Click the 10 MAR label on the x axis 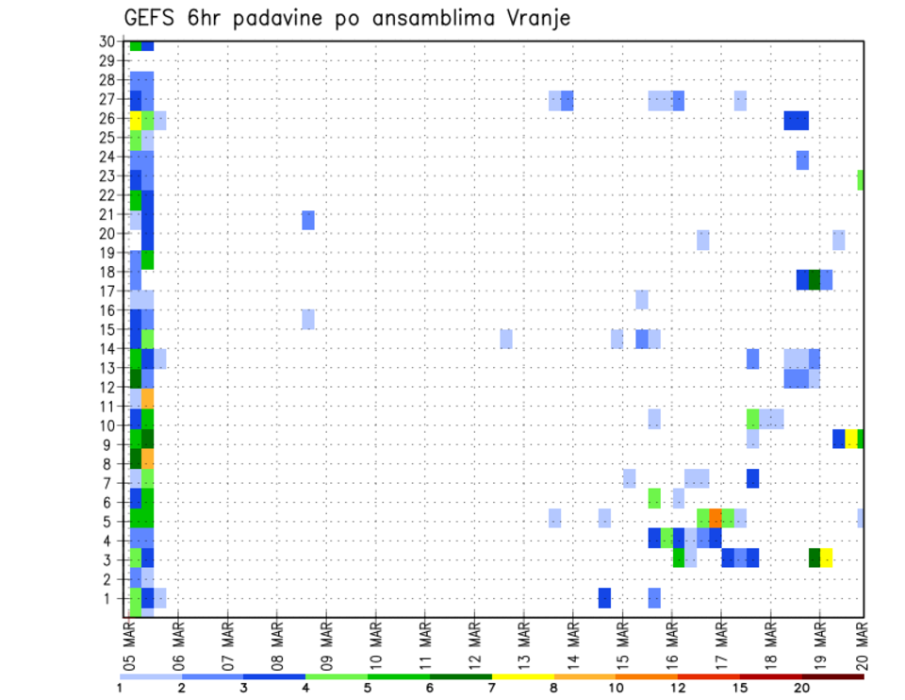click(375, 644)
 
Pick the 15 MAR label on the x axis click(621, 644)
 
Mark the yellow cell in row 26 click(136, 120)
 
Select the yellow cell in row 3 click(827, 558)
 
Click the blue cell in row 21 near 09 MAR click(308, 220)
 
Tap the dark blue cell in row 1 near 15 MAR click(604, 598)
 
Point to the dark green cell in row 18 click(814, 279)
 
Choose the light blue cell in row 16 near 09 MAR click(308, 319)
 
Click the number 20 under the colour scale click(801, 688)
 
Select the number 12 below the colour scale click(677, 688)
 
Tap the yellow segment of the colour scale click(522, 676)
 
